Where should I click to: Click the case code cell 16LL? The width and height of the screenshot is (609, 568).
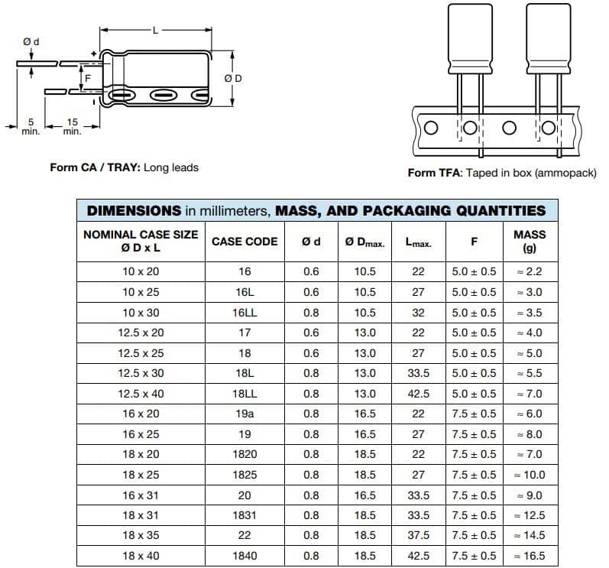pos(245,313)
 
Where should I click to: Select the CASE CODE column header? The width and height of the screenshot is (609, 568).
pos(245,242)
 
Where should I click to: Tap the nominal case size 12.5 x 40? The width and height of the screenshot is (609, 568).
pos(141,394)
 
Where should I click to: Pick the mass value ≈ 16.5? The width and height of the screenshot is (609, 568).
pos(530,556)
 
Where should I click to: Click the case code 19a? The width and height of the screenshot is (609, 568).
pos(245,414)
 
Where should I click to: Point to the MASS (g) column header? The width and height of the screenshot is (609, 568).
pos(530,242)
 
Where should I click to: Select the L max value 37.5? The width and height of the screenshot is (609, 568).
pos(418,535)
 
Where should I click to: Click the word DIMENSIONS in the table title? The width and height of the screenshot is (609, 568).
pos(134,210)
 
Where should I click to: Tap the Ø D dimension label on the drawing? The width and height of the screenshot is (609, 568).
pos(233,79)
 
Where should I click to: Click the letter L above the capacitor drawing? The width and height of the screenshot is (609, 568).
pos(155,31)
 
